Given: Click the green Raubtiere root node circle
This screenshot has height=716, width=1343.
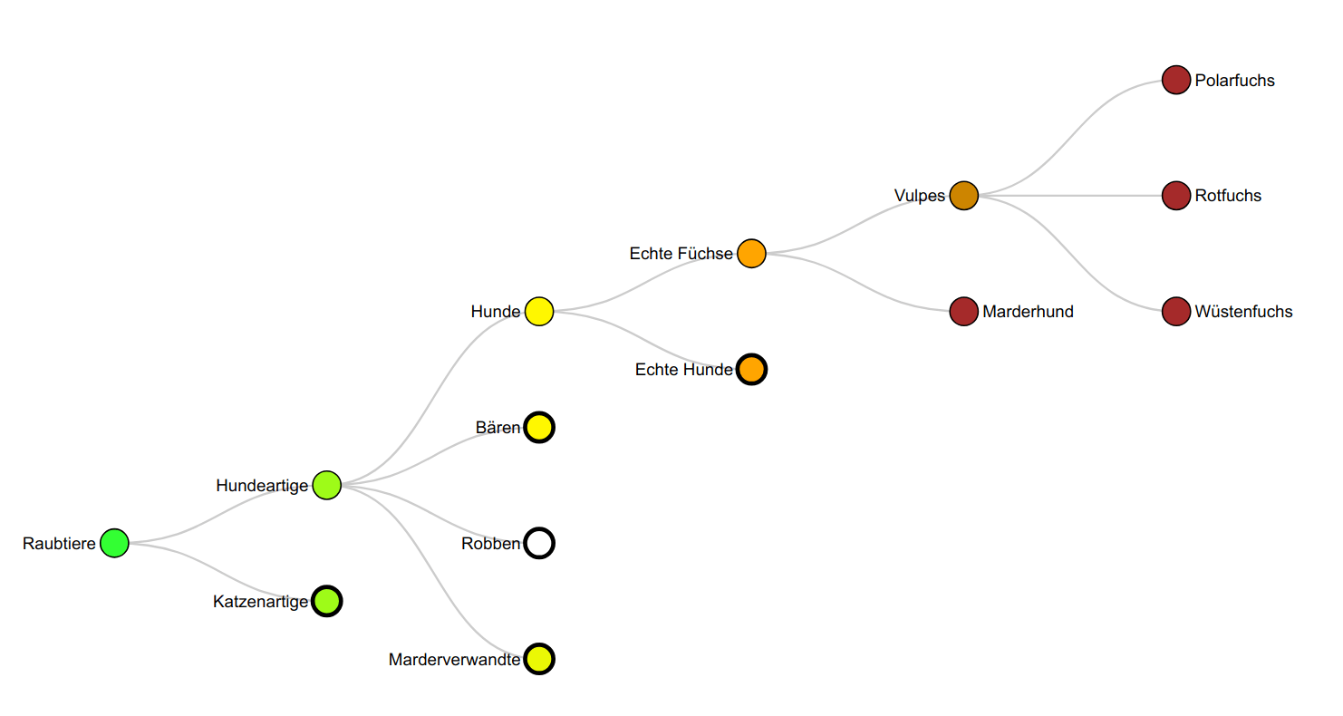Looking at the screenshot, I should click(114, 543).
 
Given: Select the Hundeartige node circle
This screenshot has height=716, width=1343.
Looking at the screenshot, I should click(326, 485).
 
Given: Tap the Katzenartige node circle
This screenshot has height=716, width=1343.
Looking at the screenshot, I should click(326, 601).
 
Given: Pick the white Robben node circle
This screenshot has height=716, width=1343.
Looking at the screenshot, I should click(539, 543).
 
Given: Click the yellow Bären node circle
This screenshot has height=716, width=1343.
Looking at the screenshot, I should click(539, 427).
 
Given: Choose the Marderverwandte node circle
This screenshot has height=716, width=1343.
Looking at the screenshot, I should click(539, 659).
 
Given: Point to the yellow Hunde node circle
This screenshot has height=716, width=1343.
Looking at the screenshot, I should click(539, 311).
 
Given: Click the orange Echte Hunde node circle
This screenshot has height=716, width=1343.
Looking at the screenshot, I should click(751, 369).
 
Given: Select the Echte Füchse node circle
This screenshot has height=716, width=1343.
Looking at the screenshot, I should click(751, 253).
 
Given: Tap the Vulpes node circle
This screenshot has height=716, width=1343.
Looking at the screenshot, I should click(963, 195).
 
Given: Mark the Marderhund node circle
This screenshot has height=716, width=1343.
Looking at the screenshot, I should click(963, 311).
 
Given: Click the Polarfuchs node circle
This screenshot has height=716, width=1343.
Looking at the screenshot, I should click(1175, 80).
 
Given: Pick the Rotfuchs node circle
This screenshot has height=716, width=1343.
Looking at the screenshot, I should click(1175, 195).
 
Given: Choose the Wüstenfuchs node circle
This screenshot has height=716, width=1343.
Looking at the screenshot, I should click(1175, 311).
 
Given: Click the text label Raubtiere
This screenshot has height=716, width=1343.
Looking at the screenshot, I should click(59, 544).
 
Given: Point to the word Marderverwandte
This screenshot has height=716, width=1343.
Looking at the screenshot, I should click(454, 660).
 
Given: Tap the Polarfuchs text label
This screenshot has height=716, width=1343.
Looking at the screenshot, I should click(1234, 81).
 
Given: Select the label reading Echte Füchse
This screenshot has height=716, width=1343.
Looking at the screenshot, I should click(681, 254).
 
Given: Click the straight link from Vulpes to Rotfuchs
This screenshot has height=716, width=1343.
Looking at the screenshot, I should click(1069, 195).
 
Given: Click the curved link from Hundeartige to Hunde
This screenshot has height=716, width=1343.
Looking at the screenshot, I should click(433, 398).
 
